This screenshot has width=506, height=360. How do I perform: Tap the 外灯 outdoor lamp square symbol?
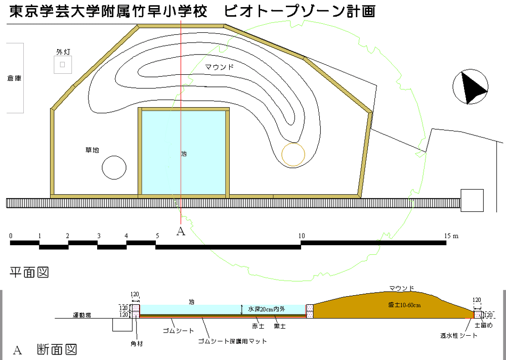point(63,64)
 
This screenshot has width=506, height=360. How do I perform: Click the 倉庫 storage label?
point(14,78)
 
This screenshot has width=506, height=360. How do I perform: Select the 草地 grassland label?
point(92,150)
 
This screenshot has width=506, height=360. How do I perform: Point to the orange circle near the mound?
point(293,154)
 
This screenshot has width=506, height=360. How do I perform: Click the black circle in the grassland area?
point(114,167)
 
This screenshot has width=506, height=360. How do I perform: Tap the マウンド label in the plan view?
point(219,67)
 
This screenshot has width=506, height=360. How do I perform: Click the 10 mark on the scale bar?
point(302,236)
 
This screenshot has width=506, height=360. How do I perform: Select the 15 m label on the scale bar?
point(451,236)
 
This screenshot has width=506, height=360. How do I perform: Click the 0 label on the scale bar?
point(11,236)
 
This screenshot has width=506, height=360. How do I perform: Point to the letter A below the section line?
point(181,231)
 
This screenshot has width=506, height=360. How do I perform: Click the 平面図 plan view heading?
point(29,273)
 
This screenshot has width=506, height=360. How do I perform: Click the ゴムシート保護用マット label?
point(232,341)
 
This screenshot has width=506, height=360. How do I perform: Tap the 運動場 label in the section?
point(81,315)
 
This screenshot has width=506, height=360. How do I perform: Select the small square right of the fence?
point(472,200)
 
